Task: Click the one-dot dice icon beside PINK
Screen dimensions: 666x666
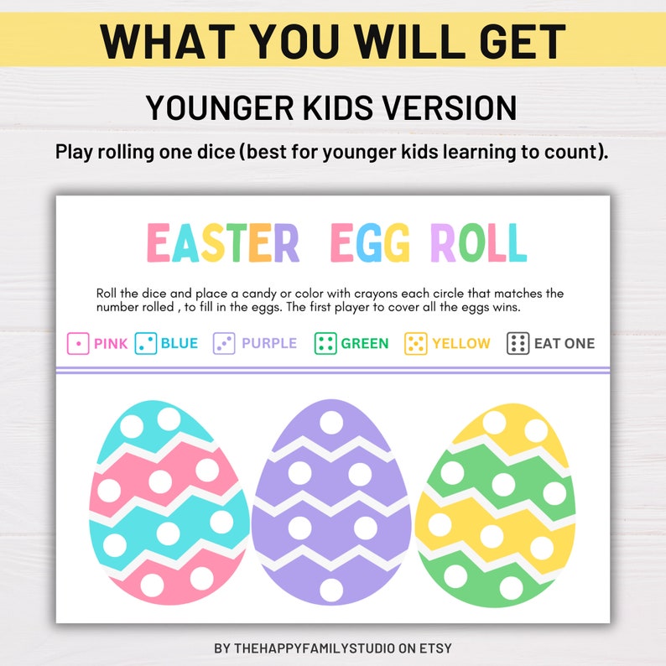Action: click(78, 343)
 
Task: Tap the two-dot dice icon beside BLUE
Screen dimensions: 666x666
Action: click(146, 343)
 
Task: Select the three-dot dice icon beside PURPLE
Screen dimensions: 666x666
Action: click(224, 343)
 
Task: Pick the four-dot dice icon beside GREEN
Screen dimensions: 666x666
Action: click(325, 343)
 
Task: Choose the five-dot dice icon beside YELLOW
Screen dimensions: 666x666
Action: click(416, 343)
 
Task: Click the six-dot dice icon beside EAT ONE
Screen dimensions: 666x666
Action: click(518, 343)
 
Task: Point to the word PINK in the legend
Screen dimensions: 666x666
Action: click(111, 343)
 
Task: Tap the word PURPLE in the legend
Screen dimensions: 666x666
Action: click(268, 343)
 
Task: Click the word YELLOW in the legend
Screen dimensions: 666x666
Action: click(460, 343)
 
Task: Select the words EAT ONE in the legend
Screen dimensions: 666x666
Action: click(564, 343)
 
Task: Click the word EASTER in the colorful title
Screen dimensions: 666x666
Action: click(223, 243)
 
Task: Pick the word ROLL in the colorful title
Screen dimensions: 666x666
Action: click(478, 243)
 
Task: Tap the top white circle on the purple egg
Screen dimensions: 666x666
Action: click(331, 422)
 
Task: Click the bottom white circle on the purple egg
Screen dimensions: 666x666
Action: click(331, 590)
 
